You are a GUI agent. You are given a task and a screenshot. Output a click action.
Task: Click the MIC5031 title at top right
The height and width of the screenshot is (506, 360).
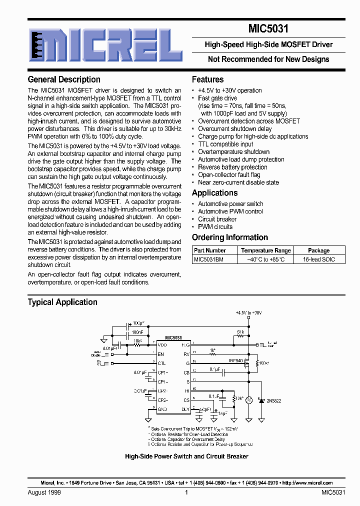(x=268, y=29)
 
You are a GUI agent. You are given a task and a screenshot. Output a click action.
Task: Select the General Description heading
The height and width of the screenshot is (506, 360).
(x=64, y=79)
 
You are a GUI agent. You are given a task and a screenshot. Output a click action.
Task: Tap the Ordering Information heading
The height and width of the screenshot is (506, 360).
(x=230, y=237)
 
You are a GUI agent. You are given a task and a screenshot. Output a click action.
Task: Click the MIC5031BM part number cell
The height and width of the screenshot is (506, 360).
(x=208, y=259)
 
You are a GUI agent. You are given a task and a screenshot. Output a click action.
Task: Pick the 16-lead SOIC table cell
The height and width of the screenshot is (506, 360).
(x=319, y=259)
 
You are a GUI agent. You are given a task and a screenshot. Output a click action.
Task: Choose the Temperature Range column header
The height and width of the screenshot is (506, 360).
(x=265, y=250)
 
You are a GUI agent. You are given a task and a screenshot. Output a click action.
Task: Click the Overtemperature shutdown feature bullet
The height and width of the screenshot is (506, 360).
(x=233, y=152)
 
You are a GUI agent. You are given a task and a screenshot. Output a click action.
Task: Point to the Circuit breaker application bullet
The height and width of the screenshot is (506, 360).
(x=217, y=219)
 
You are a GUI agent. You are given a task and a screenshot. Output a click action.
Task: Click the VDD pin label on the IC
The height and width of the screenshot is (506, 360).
(x=162, y=344)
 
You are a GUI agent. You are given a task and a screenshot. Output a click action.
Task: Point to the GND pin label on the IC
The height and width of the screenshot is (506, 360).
(x=162, y=408)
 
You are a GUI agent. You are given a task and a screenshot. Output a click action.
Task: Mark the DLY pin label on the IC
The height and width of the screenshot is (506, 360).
(x=185, y=408)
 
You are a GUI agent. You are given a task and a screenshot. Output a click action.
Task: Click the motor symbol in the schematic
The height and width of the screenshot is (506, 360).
(x=249, y=400)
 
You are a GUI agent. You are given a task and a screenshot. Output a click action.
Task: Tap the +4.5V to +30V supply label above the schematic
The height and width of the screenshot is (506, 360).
(x=248, y=312)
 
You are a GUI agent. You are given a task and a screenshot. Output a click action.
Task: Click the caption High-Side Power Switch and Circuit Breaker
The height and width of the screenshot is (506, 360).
(x=186, y=456)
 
